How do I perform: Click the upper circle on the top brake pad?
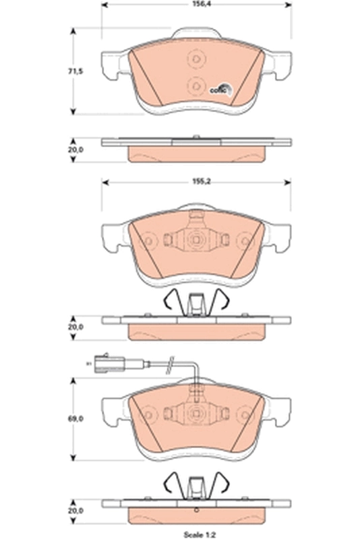pyautogui.click(x=196, y=59)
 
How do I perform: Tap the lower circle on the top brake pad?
pyautogui.click(x=196, y=86)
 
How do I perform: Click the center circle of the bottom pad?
pyautogui.click(x=196, y=416)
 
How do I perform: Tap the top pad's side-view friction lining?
pyautogui.click(x=196, y=154)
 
